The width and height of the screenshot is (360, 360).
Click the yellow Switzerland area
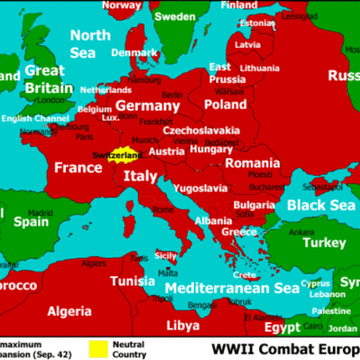[128, 156]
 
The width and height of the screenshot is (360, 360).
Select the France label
[78, 167]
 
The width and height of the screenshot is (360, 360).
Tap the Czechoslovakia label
[201, 130]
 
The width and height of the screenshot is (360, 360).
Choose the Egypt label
[283, 328]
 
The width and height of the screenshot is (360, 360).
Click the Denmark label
[132, 52]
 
